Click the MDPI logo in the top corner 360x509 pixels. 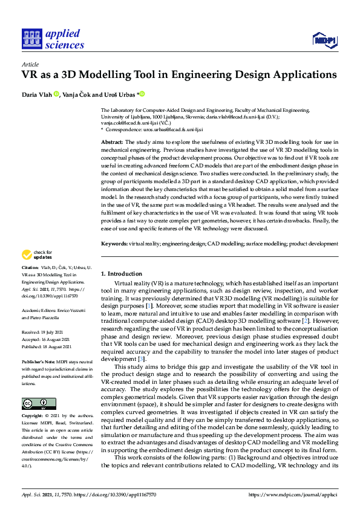pyautogui.click(x=324, y=41)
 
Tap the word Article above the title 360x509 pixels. pyautogui.click(x=30, y=64)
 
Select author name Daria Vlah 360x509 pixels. pyautogui.click(x=36, y=94)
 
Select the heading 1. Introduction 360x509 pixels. pyautogui.click(x=122, y=274)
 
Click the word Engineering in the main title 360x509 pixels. pyautogui.click(x=199, y=76)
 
